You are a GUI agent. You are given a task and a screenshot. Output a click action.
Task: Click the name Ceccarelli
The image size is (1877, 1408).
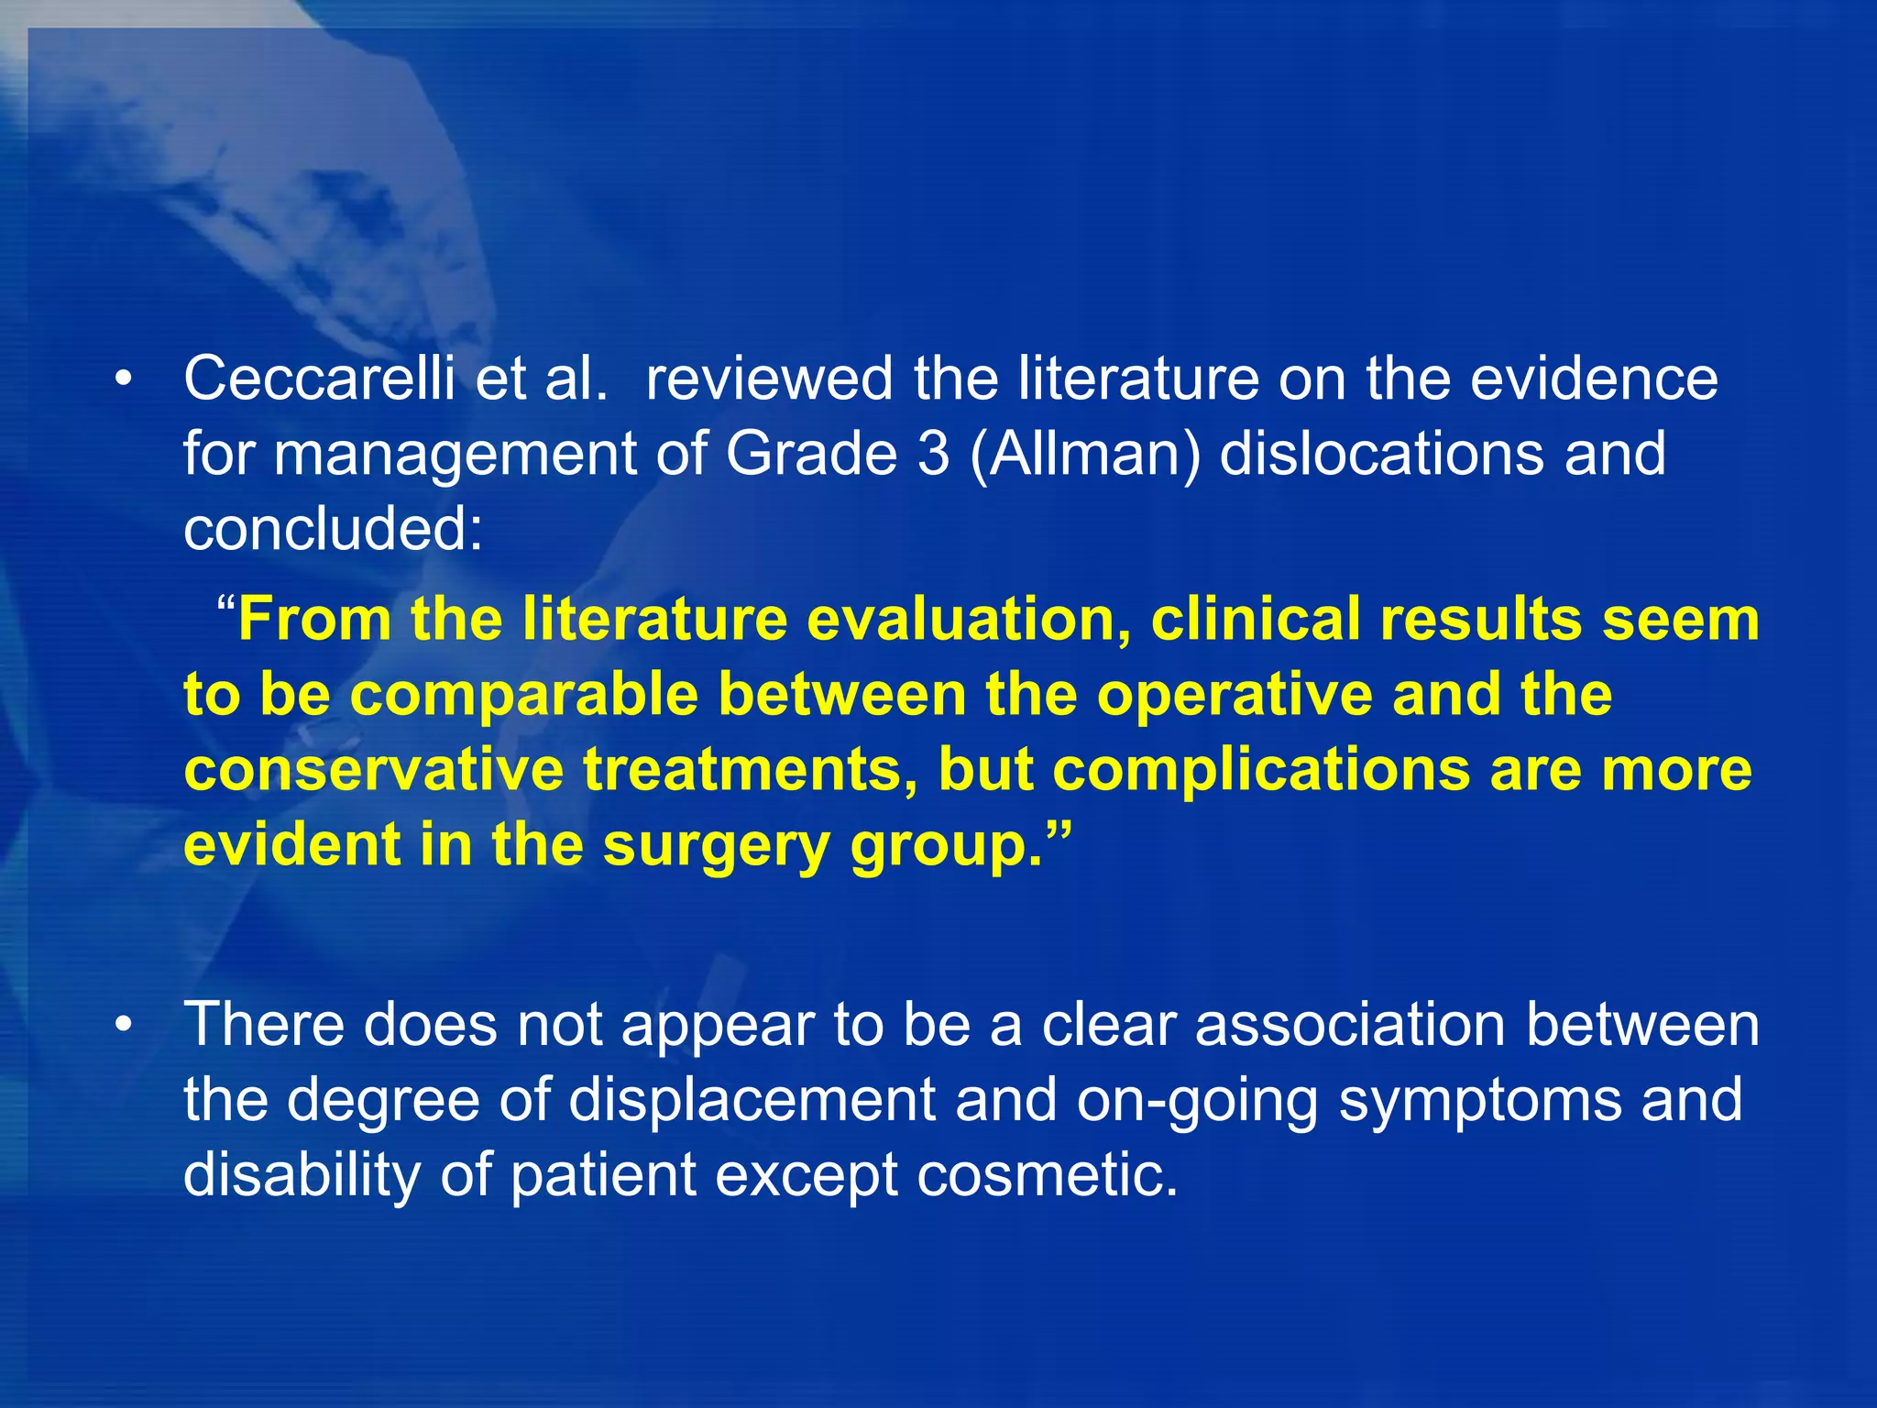318,379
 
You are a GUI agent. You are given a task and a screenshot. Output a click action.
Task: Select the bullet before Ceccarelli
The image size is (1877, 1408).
125,379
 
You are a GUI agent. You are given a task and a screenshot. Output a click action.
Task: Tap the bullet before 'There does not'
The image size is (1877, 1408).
125,1025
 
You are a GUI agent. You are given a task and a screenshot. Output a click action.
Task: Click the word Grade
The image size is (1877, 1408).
810,454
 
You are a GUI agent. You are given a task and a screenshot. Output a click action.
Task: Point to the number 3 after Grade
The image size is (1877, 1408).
933,454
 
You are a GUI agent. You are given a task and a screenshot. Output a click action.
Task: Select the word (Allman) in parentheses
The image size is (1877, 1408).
1084,456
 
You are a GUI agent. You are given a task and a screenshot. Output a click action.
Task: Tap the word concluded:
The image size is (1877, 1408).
333,529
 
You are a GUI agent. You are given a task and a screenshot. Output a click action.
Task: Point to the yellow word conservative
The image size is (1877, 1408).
373,769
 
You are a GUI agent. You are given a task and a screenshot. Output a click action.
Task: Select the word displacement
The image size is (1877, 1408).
752,1101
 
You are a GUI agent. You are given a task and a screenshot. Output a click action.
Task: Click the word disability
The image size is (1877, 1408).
302,1176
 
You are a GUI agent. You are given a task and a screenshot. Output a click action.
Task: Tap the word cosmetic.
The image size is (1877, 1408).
1047,1176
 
